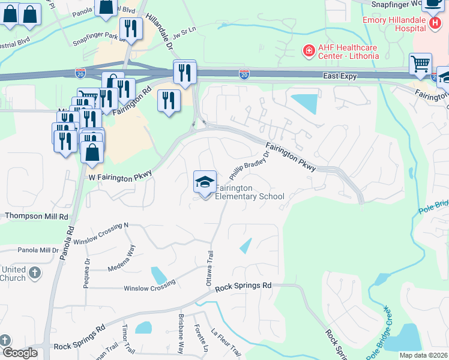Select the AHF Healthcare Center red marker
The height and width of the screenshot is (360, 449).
click(x=309, y=52)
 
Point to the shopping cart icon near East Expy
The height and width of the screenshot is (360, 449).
click(x=420, y=63)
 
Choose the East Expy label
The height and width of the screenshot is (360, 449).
click(x=340, y=76)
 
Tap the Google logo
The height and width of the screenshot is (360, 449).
click(x=19, y=353)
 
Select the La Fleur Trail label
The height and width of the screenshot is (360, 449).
click(x=226, y=341)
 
